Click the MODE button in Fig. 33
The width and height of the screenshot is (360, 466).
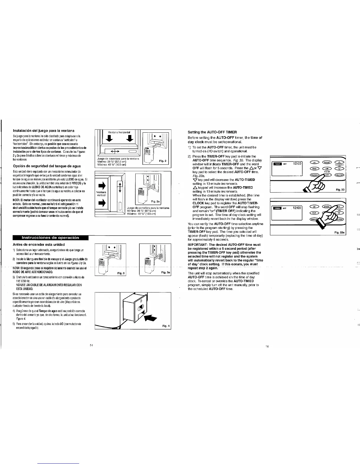(327, 162)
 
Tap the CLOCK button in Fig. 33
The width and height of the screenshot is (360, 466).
(339, 175)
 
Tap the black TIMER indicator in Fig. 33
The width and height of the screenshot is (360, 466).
(277, 164)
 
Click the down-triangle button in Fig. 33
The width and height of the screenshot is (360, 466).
(339, 168)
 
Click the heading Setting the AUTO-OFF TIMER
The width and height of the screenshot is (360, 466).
(212, 132)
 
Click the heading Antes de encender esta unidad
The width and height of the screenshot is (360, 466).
(39, 244)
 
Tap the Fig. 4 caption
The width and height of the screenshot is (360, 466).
(166, 326)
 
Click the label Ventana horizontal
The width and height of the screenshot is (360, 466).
(117, 132)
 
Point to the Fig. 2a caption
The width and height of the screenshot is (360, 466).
(155, 201)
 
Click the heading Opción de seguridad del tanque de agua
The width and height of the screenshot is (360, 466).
(47, 166)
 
